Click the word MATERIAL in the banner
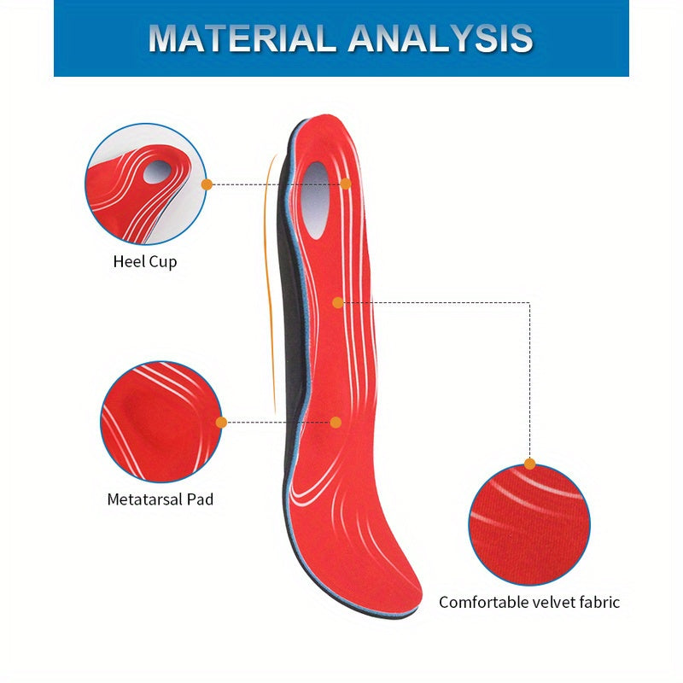point(242,38)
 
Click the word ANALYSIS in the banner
point(441,38)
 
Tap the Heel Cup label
point(145,262)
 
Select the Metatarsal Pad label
point(161,499)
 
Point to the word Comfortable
point(482,602)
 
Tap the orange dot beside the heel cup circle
point(207,184)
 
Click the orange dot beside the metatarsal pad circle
point(221,422)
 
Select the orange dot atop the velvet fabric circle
point(529,464)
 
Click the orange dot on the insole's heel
point(346,184)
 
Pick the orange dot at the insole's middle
point(337,303)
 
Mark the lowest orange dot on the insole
point(336,422)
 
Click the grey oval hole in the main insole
point(314,201)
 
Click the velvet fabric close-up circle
point(529,525)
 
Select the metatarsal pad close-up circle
point(161,422)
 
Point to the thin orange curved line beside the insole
point(271,283)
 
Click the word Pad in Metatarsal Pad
point(200,499)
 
